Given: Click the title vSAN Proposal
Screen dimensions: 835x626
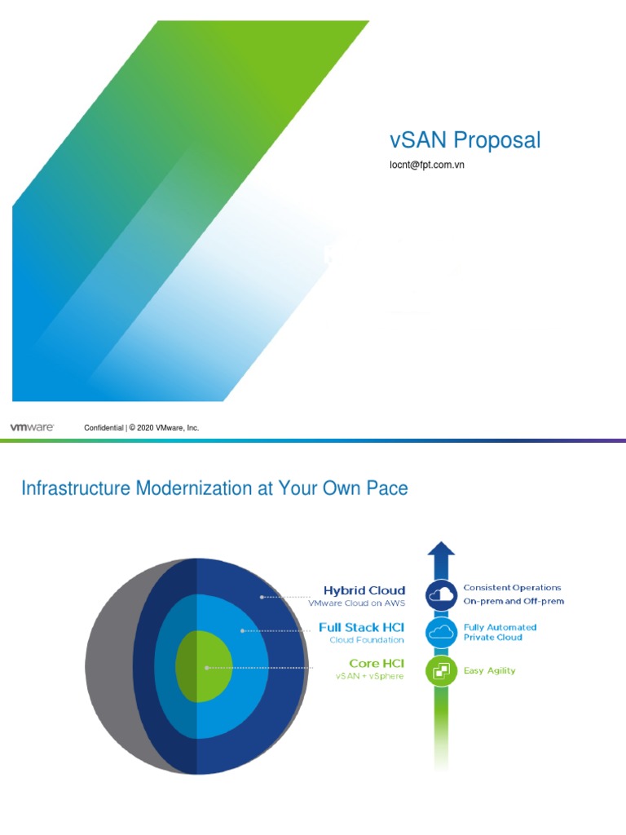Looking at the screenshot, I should tap(465, 140).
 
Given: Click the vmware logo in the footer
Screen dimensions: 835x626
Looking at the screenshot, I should tap(32, 426).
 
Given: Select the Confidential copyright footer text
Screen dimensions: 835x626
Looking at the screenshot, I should tap(142, 427).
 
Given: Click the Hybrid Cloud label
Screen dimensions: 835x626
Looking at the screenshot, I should tap(364, 590).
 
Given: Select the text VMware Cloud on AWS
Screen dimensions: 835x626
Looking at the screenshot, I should tap(356, 604).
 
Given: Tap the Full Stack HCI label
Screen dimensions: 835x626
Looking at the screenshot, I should tap(362, 628).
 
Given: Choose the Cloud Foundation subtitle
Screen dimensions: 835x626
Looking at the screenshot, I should tap(367, 640).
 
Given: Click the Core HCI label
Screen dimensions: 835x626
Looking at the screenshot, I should tap(377, 663).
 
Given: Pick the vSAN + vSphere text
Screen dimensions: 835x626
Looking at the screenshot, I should tap(369, 676).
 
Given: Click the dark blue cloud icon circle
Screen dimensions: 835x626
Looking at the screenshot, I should tap(440, 595).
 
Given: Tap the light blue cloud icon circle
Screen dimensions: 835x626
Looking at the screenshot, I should tap(440, 632).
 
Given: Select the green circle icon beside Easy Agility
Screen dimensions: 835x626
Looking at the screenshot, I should tap(440, 670).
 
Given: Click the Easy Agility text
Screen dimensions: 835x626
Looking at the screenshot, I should tap(489, 671).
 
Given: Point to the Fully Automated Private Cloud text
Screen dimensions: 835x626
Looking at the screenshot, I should tap(500, 632).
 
